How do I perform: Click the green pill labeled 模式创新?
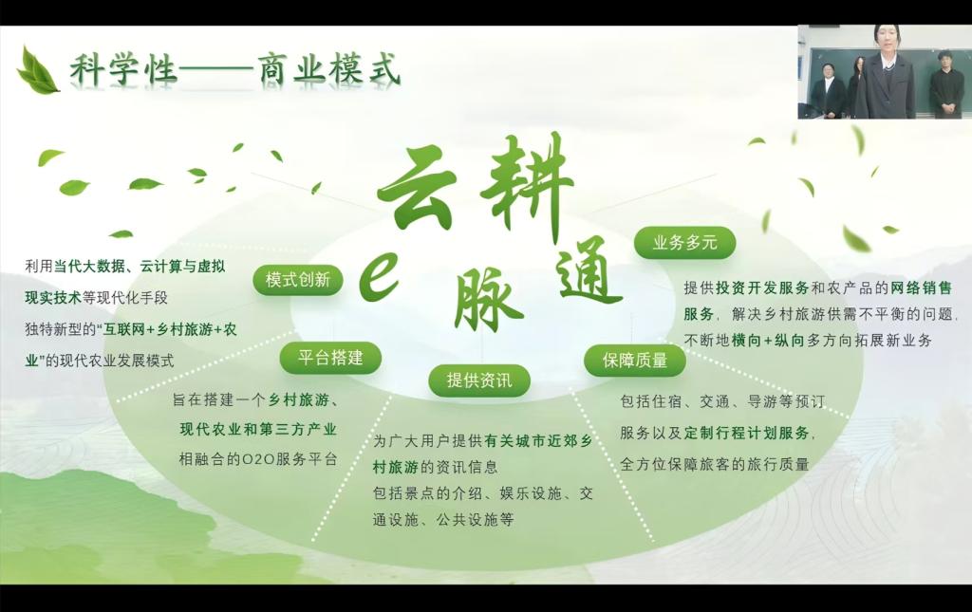coord(298,280)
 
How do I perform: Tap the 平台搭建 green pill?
coord(330,358)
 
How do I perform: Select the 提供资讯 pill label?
coord(479,380)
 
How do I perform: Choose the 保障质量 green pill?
coord(635,360)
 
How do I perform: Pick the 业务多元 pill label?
coord(684,242)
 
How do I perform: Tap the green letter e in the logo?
coord(380,279)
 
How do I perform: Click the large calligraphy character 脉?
coord(491,300)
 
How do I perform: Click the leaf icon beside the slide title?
coord(37,71)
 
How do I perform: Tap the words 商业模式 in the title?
coord(328,69)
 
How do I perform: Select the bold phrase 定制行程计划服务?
coord(746,433)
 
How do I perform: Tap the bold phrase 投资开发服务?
coord(762,287)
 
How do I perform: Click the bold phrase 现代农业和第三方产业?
coord(258,429)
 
